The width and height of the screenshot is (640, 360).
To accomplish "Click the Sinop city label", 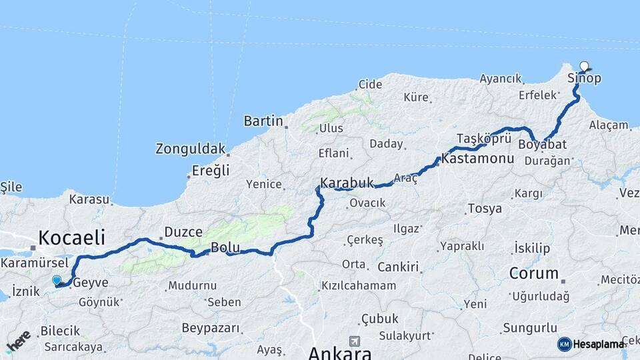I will click(x=584, y=79).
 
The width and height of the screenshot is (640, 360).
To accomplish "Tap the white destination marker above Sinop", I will click(x=585, y=66).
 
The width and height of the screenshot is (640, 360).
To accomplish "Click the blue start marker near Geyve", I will click(x=57, y=281).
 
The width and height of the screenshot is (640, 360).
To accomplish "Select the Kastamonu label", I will click(x=477, y=159).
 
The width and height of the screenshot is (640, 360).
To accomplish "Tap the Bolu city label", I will click(x=225, y=248).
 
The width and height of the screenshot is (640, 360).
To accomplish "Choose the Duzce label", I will click(x=183, y=232).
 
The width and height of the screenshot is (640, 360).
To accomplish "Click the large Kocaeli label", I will click(x=72, y=237).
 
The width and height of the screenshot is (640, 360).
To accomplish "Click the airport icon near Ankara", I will click(x=353, y=341).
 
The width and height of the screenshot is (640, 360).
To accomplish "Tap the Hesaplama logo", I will click(x=591, y=344).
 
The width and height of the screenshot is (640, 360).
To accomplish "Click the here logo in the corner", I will click(x=17, y=341).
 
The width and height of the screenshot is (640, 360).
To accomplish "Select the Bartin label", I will click(x=263, y=121).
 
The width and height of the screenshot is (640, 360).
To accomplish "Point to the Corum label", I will click(x=533, y=273).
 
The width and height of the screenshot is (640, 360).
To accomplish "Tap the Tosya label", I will click(x=485, y=209).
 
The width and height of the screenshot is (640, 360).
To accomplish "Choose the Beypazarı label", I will click(x=210, y=328).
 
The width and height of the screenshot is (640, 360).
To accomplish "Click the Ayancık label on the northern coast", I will click(x=500, y=79).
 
